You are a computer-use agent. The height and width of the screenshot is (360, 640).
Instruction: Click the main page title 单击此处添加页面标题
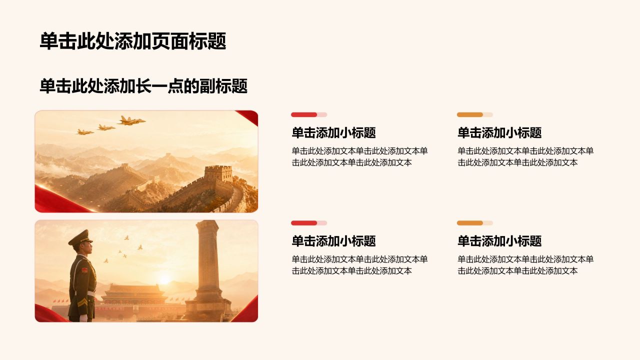pos(133,41)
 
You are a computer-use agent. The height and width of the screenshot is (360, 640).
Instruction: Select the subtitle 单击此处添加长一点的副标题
pos(143,86)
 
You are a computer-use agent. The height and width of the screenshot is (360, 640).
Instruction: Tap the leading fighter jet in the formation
pos(131,120)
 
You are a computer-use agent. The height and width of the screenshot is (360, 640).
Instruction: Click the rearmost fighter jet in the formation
pos(85,132)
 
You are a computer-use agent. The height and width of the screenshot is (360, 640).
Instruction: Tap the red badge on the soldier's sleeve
pos(85,270)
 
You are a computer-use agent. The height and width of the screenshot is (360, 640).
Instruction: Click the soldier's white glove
pos(83,318)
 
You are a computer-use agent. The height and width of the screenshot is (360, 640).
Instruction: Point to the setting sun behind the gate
pos(164,279)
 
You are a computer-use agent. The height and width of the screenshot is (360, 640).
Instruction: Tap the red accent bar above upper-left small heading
pos(303,114)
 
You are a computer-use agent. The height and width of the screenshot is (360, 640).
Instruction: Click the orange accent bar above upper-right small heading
pos(469,114)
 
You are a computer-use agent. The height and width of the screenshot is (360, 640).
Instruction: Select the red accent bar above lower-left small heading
pos(303,223)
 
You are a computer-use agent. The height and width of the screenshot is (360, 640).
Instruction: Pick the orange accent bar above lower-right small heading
pos(469,223)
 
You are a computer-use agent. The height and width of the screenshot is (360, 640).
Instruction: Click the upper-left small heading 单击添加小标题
pos(333,132)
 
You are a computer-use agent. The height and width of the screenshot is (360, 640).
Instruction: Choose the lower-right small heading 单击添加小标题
pos(499,241)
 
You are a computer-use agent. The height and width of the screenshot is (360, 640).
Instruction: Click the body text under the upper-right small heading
pos(525,156)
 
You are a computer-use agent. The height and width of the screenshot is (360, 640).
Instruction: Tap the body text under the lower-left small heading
pos(359,265)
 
